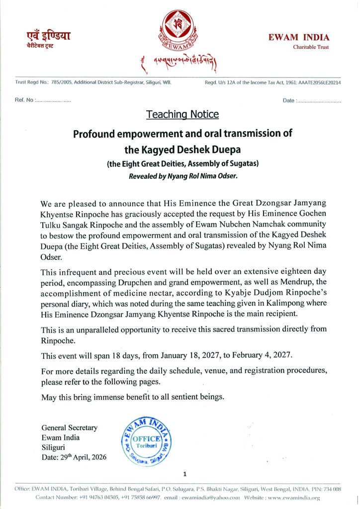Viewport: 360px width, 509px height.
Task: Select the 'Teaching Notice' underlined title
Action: tap(182, 114)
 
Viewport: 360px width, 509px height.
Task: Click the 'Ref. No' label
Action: tap(24, 100)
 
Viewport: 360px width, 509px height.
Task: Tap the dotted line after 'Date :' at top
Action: tap(319, 101)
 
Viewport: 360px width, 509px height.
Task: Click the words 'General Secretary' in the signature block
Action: tap(70, 427)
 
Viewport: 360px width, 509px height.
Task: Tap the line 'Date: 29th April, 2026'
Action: tap(75, 457)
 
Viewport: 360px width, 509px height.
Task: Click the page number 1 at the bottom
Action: tap(184, 474)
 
